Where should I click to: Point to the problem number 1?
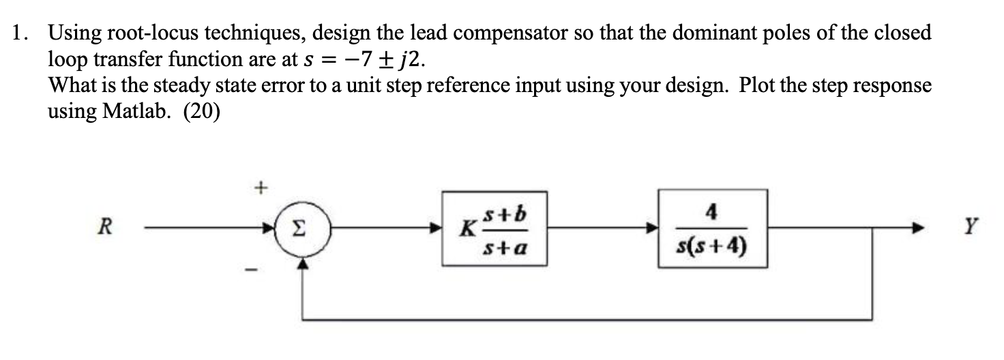(20, 33)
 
